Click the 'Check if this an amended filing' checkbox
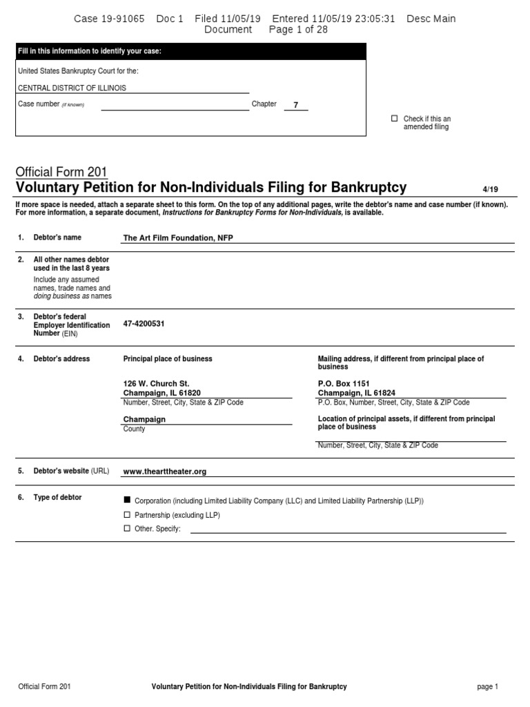(395, 119)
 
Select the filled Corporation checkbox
(126, 500)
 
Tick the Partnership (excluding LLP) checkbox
(126, 515)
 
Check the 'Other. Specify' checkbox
(126, 529)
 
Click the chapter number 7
(296, 105)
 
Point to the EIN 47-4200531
(144, 323)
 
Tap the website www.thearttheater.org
(165, 472)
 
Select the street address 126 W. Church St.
(156, 383)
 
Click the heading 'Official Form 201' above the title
(61, 173)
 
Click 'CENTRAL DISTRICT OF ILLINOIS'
(72, 88)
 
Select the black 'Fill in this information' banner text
(90, 52)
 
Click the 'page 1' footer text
(487, 687)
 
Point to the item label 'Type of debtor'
(57, 497)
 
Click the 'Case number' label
(39, 104)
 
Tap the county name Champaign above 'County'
(144, 419)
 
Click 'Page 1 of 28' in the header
(298, 30)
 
